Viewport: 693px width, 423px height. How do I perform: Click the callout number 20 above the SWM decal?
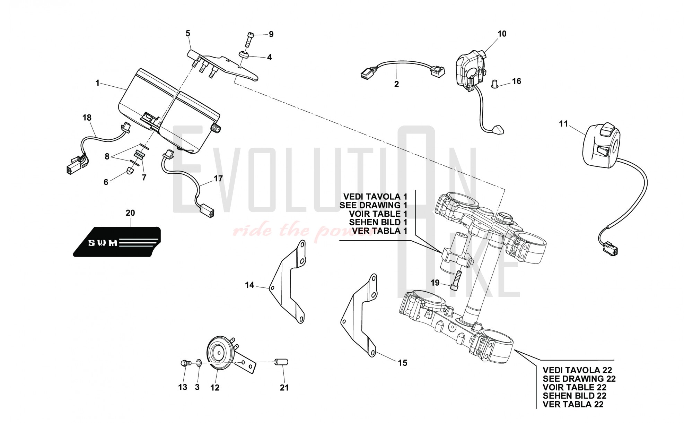[x=130, y=213]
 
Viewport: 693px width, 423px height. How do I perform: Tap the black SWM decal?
[x=117, y=242]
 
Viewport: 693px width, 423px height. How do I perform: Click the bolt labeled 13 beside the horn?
[x=186, y=363]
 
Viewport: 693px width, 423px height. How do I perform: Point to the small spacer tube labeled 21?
[x=281, y=362]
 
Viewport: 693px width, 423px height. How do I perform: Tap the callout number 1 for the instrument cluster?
[x=97, y=83]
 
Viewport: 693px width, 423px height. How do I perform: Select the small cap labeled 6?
[x=130, y=171]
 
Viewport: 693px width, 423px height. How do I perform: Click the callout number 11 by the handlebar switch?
[x=563, y=124]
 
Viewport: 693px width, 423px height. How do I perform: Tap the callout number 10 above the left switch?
[x=502, y=34]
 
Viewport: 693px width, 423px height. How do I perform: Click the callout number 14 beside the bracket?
[x=249, y=285]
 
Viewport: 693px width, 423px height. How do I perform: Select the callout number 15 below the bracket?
[x=402, y=363]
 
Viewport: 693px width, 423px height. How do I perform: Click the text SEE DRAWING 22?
[x=579, y=379]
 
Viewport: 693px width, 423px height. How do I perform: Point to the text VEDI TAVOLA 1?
[x=375, y=197]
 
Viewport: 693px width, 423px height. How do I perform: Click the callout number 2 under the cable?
[x=396, y=84]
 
